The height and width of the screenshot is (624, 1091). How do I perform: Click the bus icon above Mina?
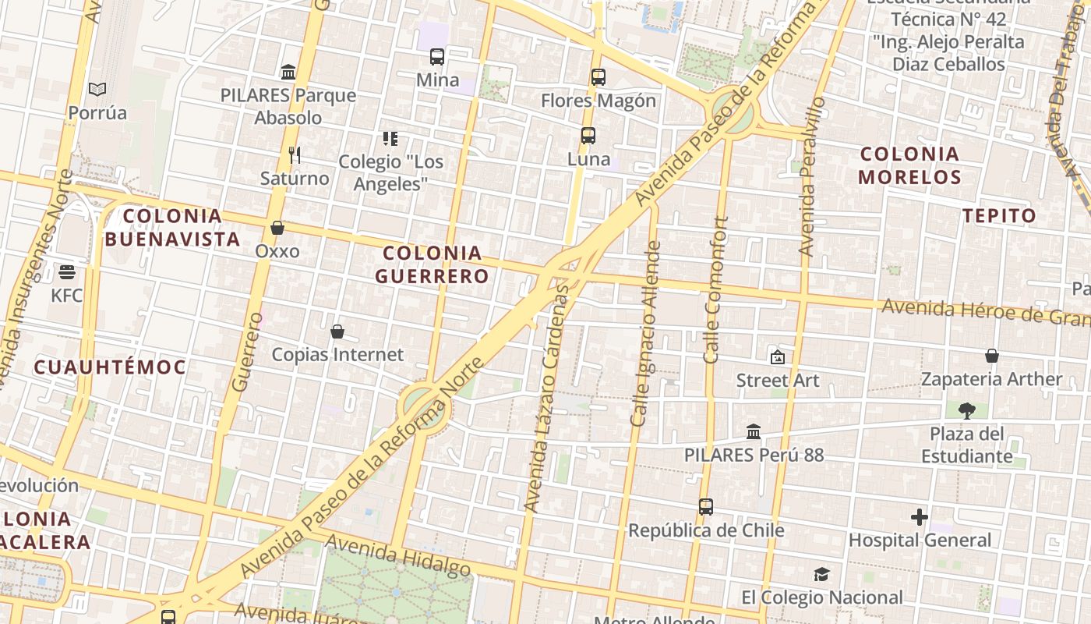(x=437, y=57)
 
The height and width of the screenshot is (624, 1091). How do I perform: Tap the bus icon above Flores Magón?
(x=598, y=77)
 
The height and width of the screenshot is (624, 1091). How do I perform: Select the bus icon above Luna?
(x=588, y=136)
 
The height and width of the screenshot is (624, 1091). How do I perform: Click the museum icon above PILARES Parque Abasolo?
(x=288, y=73)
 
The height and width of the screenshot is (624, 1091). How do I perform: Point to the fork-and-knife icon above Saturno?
(x=295, y=155)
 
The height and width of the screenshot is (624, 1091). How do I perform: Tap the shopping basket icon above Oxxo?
(x=277, y=228)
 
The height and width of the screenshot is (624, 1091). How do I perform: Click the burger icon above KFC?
(x=67, y=272)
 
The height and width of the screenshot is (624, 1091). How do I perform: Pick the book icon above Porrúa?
(x=97, y=90)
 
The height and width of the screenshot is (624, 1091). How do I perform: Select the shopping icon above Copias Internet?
(x=337, y=331)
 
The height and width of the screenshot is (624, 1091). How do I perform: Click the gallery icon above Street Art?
(x=777, y=357)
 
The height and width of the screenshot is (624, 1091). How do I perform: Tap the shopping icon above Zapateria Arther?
(x=992, y=356)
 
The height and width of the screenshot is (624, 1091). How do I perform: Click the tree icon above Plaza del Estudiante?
(x=967, y=410)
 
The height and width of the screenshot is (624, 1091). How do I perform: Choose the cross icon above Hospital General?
(x=920, y=517)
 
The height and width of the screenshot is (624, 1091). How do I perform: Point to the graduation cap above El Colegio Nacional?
(x=821, y=575)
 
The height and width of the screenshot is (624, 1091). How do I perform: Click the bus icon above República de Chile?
(x=706, y=507)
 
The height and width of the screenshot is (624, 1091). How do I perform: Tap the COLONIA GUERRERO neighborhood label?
(x=433, y=264)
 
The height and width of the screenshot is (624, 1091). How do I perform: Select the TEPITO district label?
(x=1000, y=216)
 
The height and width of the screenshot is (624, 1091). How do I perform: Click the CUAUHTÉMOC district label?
(x=110, y=367)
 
